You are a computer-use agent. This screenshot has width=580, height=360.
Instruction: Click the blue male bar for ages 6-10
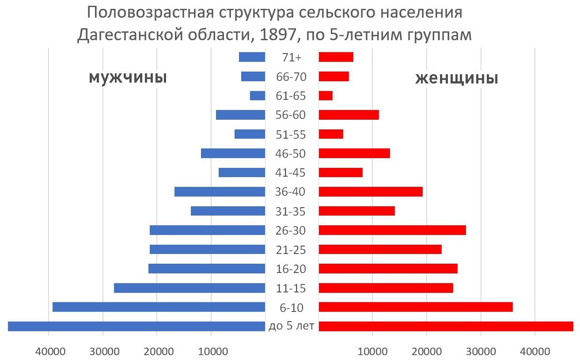tap(159, 307)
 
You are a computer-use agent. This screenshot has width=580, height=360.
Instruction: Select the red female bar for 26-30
tap(392, 230)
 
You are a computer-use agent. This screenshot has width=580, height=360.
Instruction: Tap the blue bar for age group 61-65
tap(258, 96)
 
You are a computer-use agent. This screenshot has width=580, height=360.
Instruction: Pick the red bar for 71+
tap(336, 57)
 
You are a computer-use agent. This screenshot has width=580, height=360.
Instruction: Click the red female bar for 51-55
tap(331, 134)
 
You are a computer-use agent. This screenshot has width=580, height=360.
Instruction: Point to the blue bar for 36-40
tap(220, 192)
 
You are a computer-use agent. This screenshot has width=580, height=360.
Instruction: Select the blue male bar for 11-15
tap(190, 288)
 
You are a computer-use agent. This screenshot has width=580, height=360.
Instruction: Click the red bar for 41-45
tap(341, 173)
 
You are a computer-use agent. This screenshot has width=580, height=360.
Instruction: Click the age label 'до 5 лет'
tap(291, 326)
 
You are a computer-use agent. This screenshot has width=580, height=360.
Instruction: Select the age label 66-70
tap(291, 77)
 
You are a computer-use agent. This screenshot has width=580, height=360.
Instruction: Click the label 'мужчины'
tap(128, 78)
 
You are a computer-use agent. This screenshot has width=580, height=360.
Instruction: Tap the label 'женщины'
tap(457, 79)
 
